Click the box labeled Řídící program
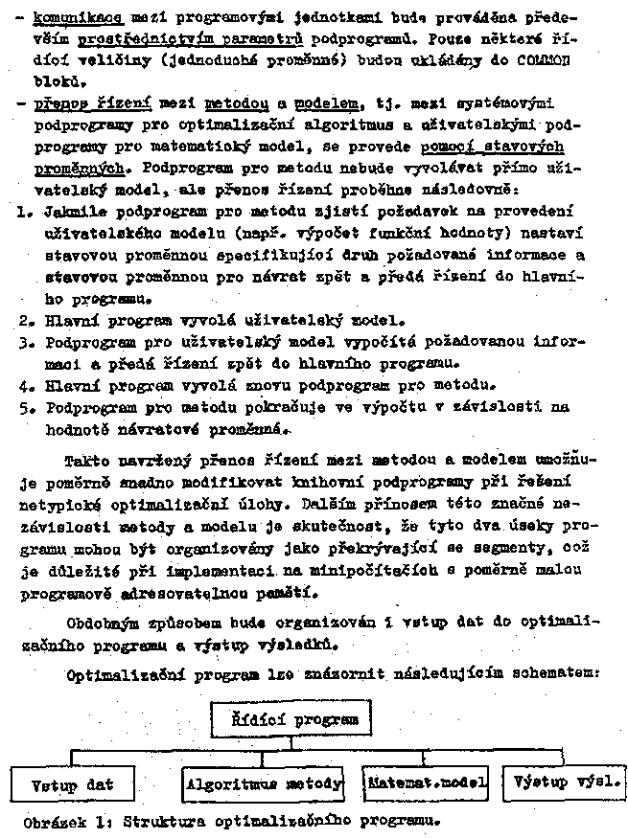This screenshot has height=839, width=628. point(290,718)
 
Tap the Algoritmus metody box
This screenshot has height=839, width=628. point(263,783)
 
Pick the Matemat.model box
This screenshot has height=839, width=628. point(427,782)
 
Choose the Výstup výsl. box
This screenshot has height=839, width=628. point(564,782)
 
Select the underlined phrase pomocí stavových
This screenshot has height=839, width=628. point(492,145)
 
